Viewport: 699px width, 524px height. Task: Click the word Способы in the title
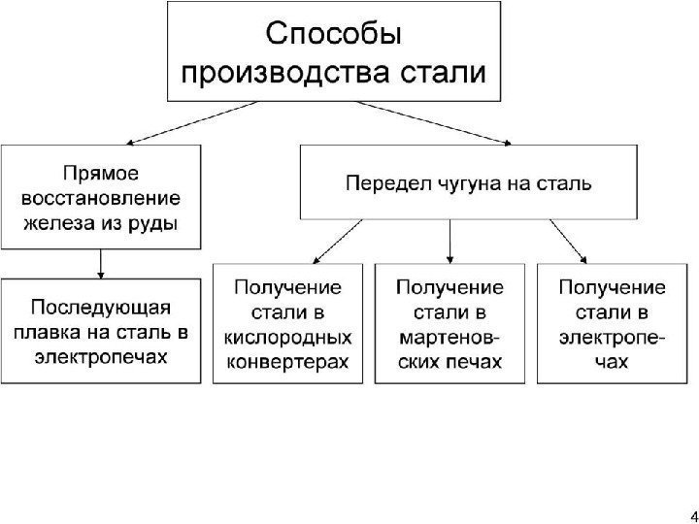point(333,35)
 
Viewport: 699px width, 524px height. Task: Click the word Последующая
point(101,308)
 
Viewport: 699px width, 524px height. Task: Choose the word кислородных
point(287,338)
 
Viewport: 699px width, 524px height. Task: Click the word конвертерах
point(287,362)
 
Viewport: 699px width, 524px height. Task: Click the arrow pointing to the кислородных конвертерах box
point(335,243)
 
